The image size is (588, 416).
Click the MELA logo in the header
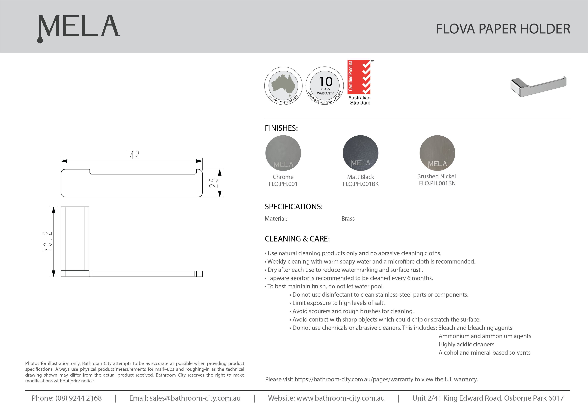[78, 28]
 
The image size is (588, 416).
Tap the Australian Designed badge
[283, 86]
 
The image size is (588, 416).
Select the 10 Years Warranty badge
[325, 86]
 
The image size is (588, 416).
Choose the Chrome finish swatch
[283, 153]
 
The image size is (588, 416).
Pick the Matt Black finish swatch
[360, 153]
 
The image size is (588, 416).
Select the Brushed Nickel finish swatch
[437, 153]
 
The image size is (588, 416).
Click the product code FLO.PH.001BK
[360, 184]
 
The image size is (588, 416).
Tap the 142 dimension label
[132, 155]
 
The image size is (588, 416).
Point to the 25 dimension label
[214, 183]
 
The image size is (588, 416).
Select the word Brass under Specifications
[348, 219]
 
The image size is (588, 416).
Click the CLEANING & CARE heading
[297, 239]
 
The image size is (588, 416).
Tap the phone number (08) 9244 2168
[78, 398]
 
